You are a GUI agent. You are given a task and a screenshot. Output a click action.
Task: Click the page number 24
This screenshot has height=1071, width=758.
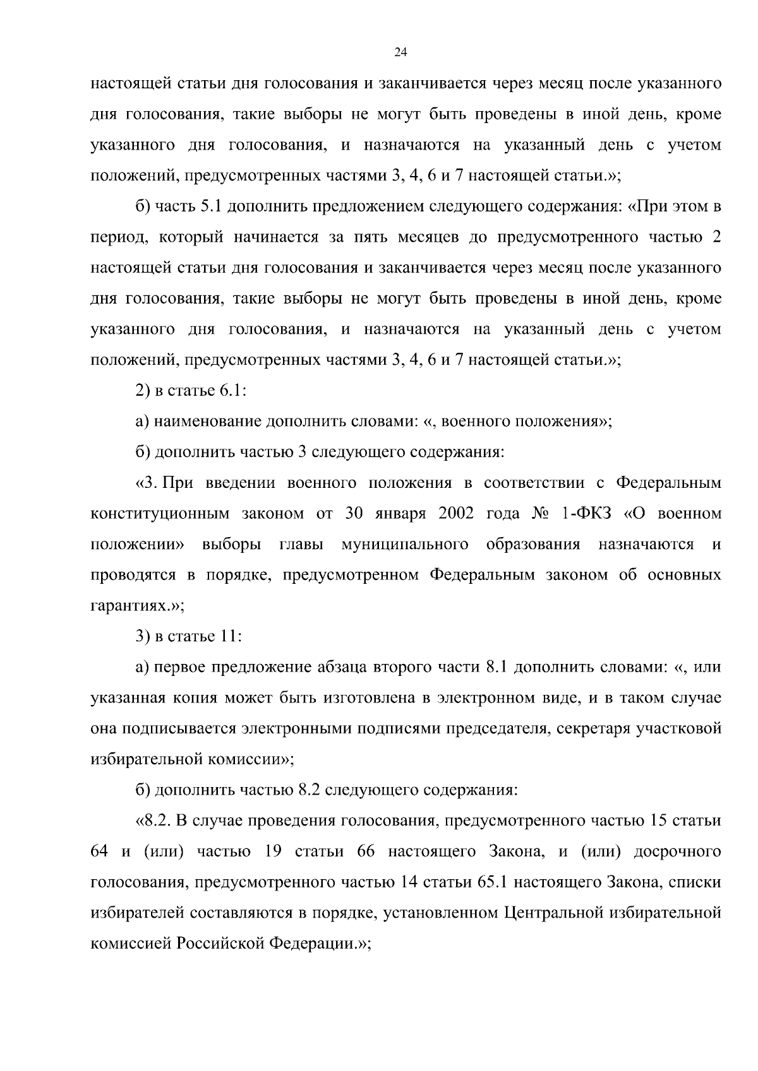(x=400, y=52)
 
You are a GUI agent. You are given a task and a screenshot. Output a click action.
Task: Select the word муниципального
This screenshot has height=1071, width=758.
(x=404, y=544)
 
